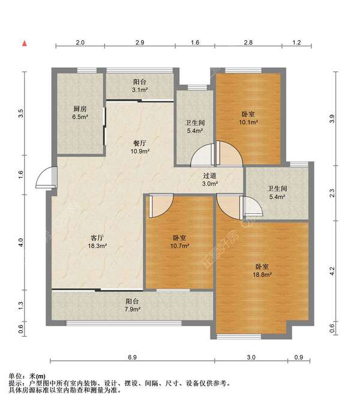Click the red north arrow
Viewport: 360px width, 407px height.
[x=25, y=43]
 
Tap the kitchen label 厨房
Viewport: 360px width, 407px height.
[x=80, y=109]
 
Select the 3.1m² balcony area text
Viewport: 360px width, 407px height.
[x=140, y=90]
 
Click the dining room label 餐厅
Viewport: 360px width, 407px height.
[x=140, y=143]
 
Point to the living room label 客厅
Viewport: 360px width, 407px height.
[x=97, y=238]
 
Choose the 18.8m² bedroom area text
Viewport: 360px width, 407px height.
[x=262, y=274]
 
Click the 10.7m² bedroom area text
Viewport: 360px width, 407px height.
[x=179, y=246]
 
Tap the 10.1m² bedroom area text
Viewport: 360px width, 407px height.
[x=248, y=122]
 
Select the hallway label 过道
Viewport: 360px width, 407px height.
[x=209, y=176]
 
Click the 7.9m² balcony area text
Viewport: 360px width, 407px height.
[x=132, y=309]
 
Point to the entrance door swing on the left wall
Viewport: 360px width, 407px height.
[x=46, y=177]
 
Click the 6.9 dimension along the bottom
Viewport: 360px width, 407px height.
[x=132, y=357]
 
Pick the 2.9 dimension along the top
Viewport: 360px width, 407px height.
[x=140, y=42]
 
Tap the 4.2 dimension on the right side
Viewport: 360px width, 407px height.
[x=332, y=271]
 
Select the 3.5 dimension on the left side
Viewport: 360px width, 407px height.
[x=21, y=113]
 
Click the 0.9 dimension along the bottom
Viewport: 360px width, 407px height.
[x=299, y=357]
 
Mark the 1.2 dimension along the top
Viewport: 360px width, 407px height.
[x=297, y=42]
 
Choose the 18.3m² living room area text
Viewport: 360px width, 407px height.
[x=97, y=246]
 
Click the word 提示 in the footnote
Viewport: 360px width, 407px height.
[x=15, y=384]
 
